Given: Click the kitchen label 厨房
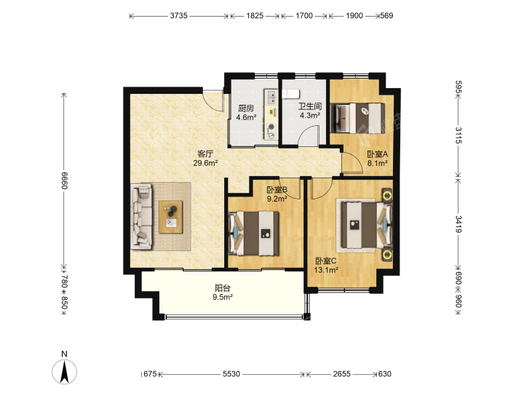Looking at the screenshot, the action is tap(246, 108).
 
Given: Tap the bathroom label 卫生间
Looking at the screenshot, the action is tap(310, 106).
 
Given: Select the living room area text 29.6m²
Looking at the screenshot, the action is tap(205, 163).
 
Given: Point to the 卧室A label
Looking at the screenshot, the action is tap(377, 154).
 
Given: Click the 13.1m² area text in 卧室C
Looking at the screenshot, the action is tap(326, 270).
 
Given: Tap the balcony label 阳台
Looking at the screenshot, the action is tap(223, 288).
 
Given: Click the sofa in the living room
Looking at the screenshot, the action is tap(142, 217).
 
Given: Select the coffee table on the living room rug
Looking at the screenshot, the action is tap(171, 217).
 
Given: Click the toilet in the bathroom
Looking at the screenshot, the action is tap(290, 94).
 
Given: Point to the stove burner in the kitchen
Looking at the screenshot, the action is tap(271, 127).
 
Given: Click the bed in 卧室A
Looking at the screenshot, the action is tap(357, 119).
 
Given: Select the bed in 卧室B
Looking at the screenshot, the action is tap(254, 233).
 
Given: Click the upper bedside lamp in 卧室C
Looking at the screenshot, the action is tap(387, 195).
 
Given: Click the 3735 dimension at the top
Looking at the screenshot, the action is tap(179, 16).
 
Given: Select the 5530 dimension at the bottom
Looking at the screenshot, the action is tap(231, 374).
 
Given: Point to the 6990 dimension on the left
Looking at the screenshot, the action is tap(65, 180).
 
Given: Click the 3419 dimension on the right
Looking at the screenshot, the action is tap(458, 224).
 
